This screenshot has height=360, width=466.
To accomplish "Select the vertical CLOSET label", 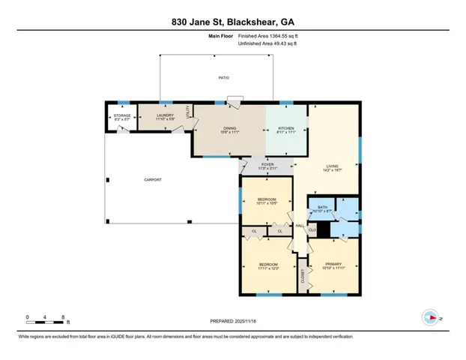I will click(x=303, y=280).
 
